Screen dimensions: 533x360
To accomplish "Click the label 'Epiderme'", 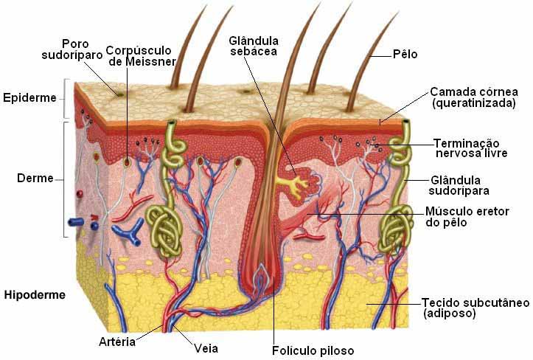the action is [29, 97].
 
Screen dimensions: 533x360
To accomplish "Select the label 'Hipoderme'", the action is [35, 294].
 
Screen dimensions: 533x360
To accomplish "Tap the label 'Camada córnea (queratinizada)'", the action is [473, 98].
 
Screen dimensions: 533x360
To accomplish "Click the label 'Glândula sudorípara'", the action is [456, 185].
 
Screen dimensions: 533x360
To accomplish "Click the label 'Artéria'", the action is [117, 342].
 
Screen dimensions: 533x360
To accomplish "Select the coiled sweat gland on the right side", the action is [398, 225].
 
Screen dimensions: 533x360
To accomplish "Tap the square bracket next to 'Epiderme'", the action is [66, 99].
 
